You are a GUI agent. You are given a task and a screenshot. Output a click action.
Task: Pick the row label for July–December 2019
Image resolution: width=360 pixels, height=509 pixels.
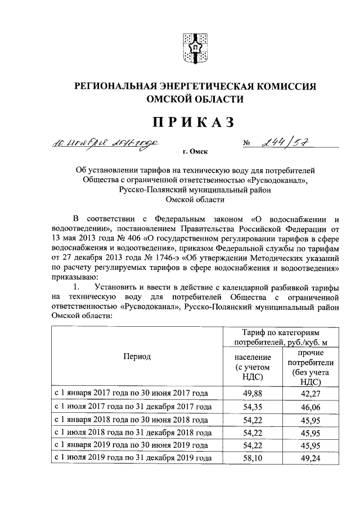[x=133, y=458]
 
